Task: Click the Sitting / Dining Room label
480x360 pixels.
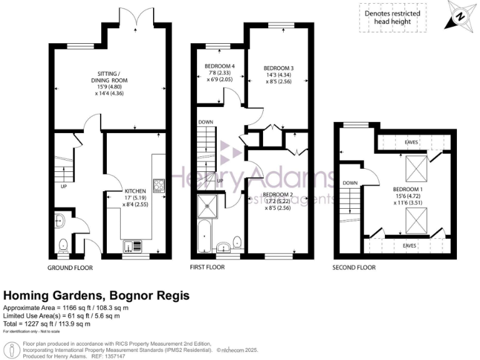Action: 110,83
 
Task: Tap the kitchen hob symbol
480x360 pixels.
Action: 159,185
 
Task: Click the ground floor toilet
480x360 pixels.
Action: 64,246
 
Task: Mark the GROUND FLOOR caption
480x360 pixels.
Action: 70,267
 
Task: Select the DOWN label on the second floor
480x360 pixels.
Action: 350,183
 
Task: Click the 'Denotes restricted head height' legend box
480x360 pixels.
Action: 392,17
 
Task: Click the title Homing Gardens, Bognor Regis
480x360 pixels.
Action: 97,295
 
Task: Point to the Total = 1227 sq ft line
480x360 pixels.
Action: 47,324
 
